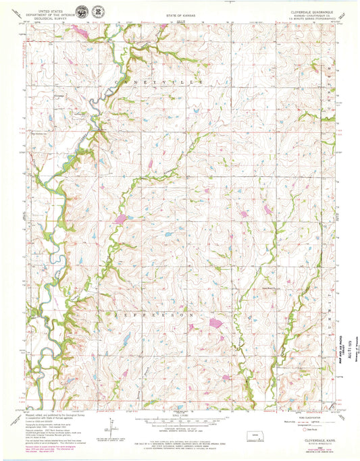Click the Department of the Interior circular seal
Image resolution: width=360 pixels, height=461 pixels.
[81, 13]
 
